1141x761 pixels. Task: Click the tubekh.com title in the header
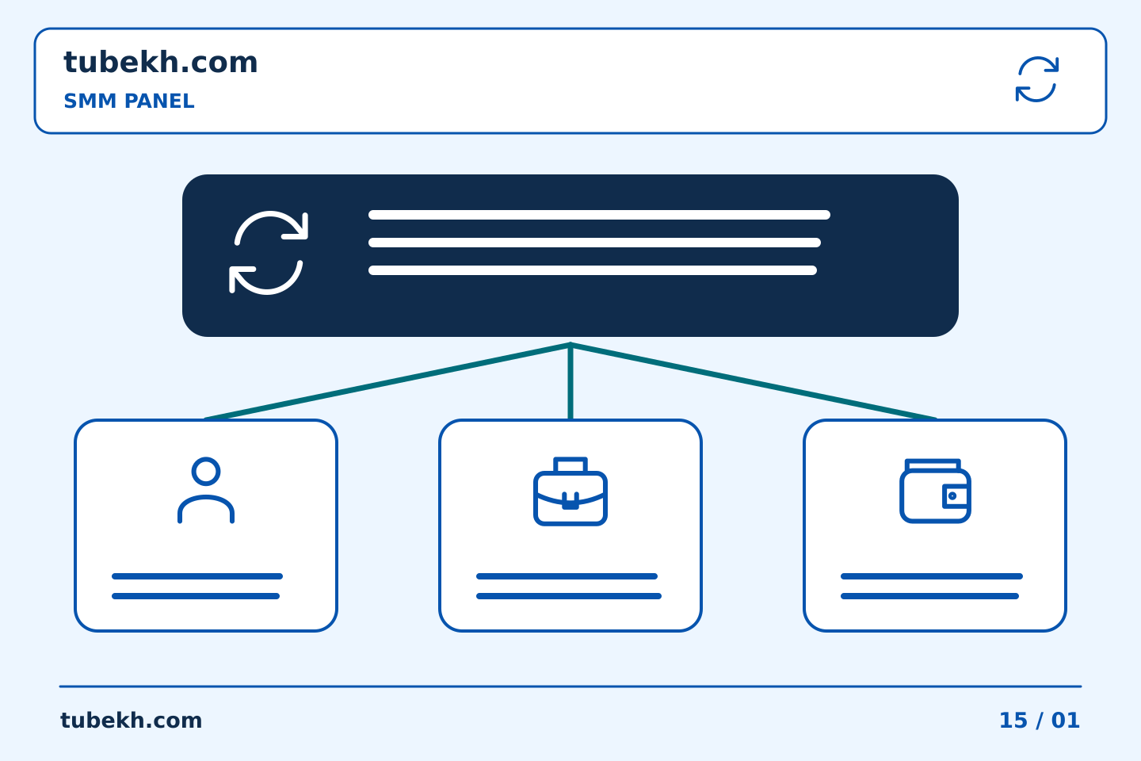click(160, 62)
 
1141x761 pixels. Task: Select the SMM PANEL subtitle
click(129, 101)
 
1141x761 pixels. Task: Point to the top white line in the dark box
click(599, 215)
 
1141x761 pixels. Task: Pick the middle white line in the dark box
click(594, 243)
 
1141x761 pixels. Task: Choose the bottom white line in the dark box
click(593, 270)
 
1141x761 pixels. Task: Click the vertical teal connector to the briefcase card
click(570, 381)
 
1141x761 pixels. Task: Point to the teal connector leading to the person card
click(387, 381)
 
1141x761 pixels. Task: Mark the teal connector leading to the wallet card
click(754, 381)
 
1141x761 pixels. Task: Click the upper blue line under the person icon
click(197, 576)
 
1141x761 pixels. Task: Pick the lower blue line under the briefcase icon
click(568, 596)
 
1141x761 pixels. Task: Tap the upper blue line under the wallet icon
click(932, 576)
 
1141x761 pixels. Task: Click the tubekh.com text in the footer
click(131, 721)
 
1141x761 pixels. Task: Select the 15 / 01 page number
click(1039, 721)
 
